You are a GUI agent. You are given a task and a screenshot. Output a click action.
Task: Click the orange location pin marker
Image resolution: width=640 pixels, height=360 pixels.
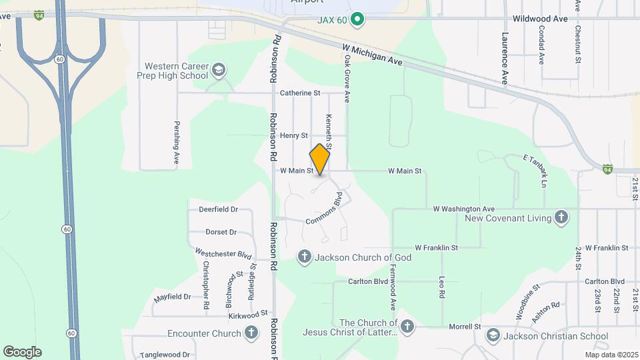point(320,159)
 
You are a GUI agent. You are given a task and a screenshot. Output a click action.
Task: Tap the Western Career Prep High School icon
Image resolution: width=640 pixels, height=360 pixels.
point(218,70)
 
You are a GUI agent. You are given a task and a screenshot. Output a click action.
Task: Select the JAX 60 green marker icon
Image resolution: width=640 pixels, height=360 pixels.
point(357,20)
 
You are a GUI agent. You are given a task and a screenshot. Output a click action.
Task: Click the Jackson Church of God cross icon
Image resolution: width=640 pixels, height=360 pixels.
point(305,257)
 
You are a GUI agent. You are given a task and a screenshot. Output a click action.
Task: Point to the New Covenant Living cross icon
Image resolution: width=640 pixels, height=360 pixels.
point(561,218)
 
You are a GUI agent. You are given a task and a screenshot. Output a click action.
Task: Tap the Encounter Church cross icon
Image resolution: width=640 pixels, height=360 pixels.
point(251,333)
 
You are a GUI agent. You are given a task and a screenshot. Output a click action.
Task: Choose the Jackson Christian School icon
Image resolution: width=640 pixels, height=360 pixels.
point(493,335)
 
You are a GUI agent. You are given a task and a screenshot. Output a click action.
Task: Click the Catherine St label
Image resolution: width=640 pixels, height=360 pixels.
point(300,93)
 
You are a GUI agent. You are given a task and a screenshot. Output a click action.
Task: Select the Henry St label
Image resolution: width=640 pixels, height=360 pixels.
point(293,135)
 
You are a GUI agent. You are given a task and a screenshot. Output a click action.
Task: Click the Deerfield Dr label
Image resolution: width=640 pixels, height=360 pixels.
point(218,209)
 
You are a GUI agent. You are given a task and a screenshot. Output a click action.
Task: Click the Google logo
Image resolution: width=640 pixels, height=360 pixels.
point(22,352)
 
